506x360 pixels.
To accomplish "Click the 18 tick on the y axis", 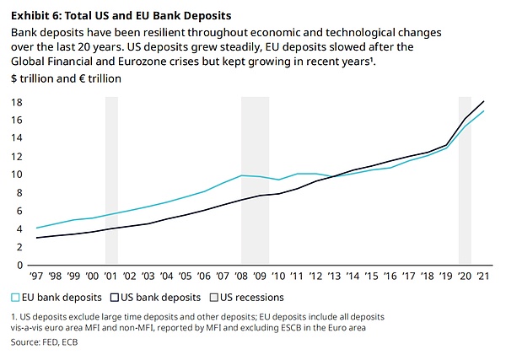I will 17,102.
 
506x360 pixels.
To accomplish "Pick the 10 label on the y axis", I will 17,175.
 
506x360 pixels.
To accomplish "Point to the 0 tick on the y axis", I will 20,265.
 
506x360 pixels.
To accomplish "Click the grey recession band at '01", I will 111,181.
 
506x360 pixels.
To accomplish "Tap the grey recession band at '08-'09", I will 255,181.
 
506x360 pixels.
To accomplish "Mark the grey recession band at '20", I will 465,181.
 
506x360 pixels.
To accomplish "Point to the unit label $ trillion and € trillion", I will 67,78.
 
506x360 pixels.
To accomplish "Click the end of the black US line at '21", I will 483,101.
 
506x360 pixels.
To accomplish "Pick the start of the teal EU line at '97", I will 37,228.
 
